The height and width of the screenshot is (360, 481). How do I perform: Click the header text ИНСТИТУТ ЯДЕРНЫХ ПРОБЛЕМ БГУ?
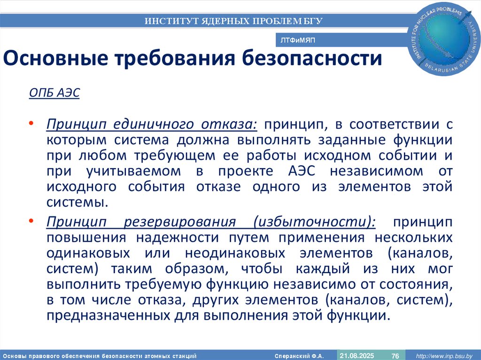tap(233, 21)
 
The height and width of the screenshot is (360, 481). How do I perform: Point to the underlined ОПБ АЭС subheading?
tap(54, 92)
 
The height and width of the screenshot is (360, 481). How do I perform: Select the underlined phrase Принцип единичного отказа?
tap(152, 125)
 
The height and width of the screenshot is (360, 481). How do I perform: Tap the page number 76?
tap(396, 355)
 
